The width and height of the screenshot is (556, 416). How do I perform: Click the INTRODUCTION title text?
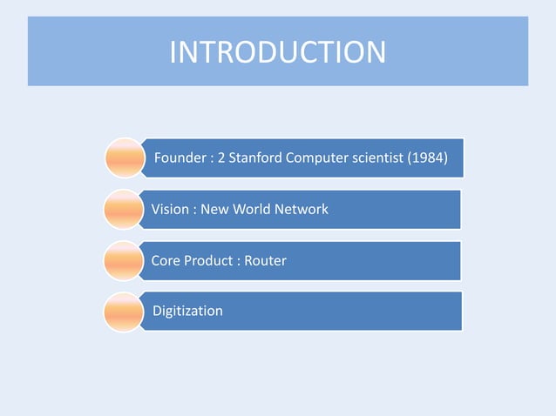pos(277,51)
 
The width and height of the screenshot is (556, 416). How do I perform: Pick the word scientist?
pos(382,158)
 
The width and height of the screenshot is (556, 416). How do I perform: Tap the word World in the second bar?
pos(253,209)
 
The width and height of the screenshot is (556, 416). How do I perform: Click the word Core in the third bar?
pos(166,260)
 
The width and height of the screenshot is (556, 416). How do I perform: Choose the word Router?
pos(265,260)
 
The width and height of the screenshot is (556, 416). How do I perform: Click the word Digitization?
pos(187,311)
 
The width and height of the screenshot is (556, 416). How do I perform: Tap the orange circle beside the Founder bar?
pos(124,158)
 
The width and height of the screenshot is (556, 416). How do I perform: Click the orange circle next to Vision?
pos(122,209)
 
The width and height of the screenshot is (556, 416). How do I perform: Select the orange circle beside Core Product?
pos(122,260)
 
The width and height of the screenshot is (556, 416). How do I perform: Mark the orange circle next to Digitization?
pos(122,312)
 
